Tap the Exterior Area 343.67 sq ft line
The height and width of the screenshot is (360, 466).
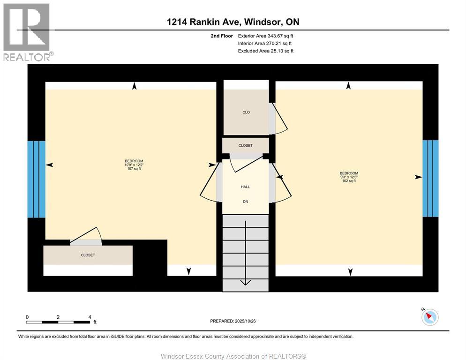[x=265, y=36]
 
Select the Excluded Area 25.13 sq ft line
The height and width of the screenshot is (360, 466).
[x=265, y=51]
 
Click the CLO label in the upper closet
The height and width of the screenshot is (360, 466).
[x=246, y=112]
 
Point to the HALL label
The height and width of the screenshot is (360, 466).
[x=245, y=187]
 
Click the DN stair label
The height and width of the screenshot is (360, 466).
[x=245, y=202]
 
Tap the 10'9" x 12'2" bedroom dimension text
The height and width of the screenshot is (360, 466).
[x=134, y=165]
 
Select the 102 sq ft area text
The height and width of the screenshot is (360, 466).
[x=349, y=181]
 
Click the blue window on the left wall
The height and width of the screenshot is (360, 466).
[x=36, y=179]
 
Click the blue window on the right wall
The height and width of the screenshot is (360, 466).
[x=430, y=178]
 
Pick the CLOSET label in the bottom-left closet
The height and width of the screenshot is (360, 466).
[x=88, y=255]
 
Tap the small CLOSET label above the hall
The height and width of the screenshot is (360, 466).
[x=245, y=146]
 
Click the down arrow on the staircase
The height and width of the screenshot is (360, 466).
[x=245, y=282]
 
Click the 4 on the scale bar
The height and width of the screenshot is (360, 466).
[x=89, y=317]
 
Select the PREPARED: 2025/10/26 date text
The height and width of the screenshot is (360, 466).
[x=233, y=321]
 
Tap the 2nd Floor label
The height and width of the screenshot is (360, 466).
[x=222, y=36]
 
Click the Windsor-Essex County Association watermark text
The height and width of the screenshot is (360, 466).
[x=233, y=356]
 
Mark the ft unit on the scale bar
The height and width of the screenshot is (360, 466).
[x=95, y=322]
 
